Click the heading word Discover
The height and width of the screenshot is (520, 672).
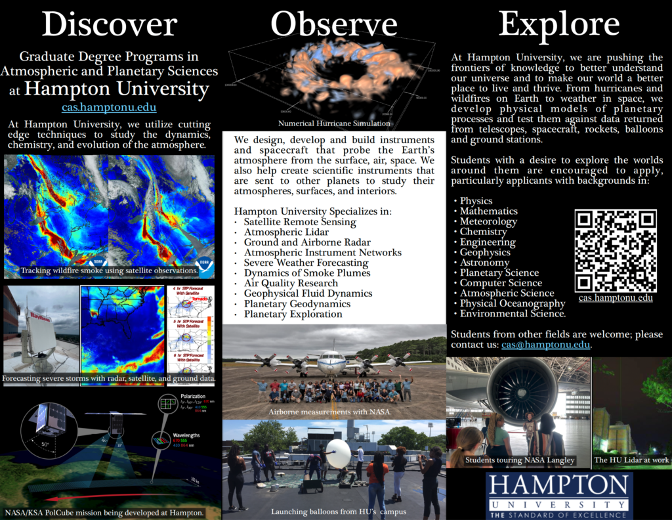tap(109, 25)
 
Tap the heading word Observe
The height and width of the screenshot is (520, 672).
tap(334, 25)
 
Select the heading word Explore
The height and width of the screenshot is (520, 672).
tap(558, 25)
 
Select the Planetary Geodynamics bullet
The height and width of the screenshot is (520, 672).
tap(297, 304)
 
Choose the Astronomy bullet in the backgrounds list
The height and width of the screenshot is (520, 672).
tap(484, 263)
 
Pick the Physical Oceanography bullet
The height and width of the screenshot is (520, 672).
tap(513, 303)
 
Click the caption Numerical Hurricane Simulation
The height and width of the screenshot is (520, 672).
tap(335, 123)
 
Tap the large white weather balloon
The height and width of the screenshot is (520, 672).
tap(338, 453)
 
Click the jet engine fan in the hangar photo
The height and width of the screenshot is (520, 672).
tap(522, 393)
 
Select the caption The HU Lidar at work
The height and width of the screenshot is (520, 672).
tap(631, 460)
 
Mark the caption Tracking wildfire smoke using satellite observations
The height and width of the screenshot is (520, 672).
tap(109, 271)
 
